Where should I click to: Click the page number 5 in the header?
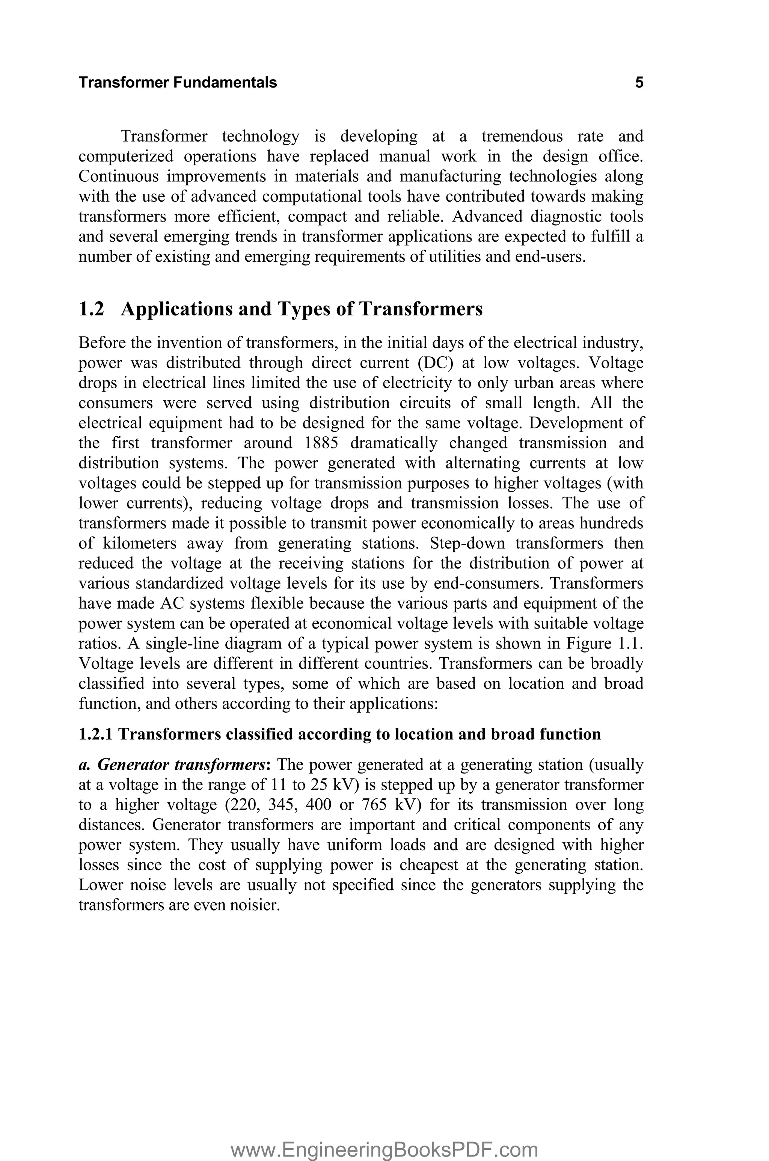click(639, 82)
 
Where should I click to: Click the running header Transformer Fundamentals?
click(178, 82)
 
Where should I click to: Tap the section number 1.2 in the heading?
click(91, 309)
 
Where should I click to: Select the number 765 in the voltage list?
click(375, 805)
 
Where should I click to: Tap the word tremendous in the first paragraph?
click(522, 136)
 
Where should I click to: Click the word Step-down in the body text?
click(466, 543)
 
